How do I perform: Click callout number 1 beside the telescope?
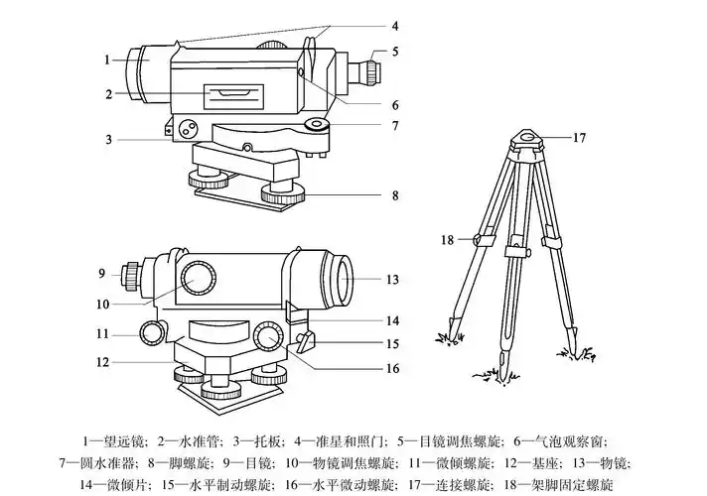[106, 60]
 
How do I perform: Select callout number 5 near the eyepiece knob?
[394, 51]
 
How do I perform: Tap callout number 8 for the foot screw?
[394, 195]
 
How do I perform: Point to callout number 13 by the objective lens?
[391, 280]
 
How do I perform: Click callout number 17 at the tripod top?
[580, 139]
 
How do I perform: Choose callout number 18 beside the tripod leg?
[448, 240]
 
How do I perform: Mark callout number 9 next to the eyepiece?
[101, 273]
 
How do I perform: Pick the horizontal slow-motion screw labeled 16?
[269, 337]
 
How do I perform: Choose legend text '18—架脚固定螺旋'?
[558, 485]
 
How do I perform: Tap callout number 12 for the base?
[102, 363]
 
